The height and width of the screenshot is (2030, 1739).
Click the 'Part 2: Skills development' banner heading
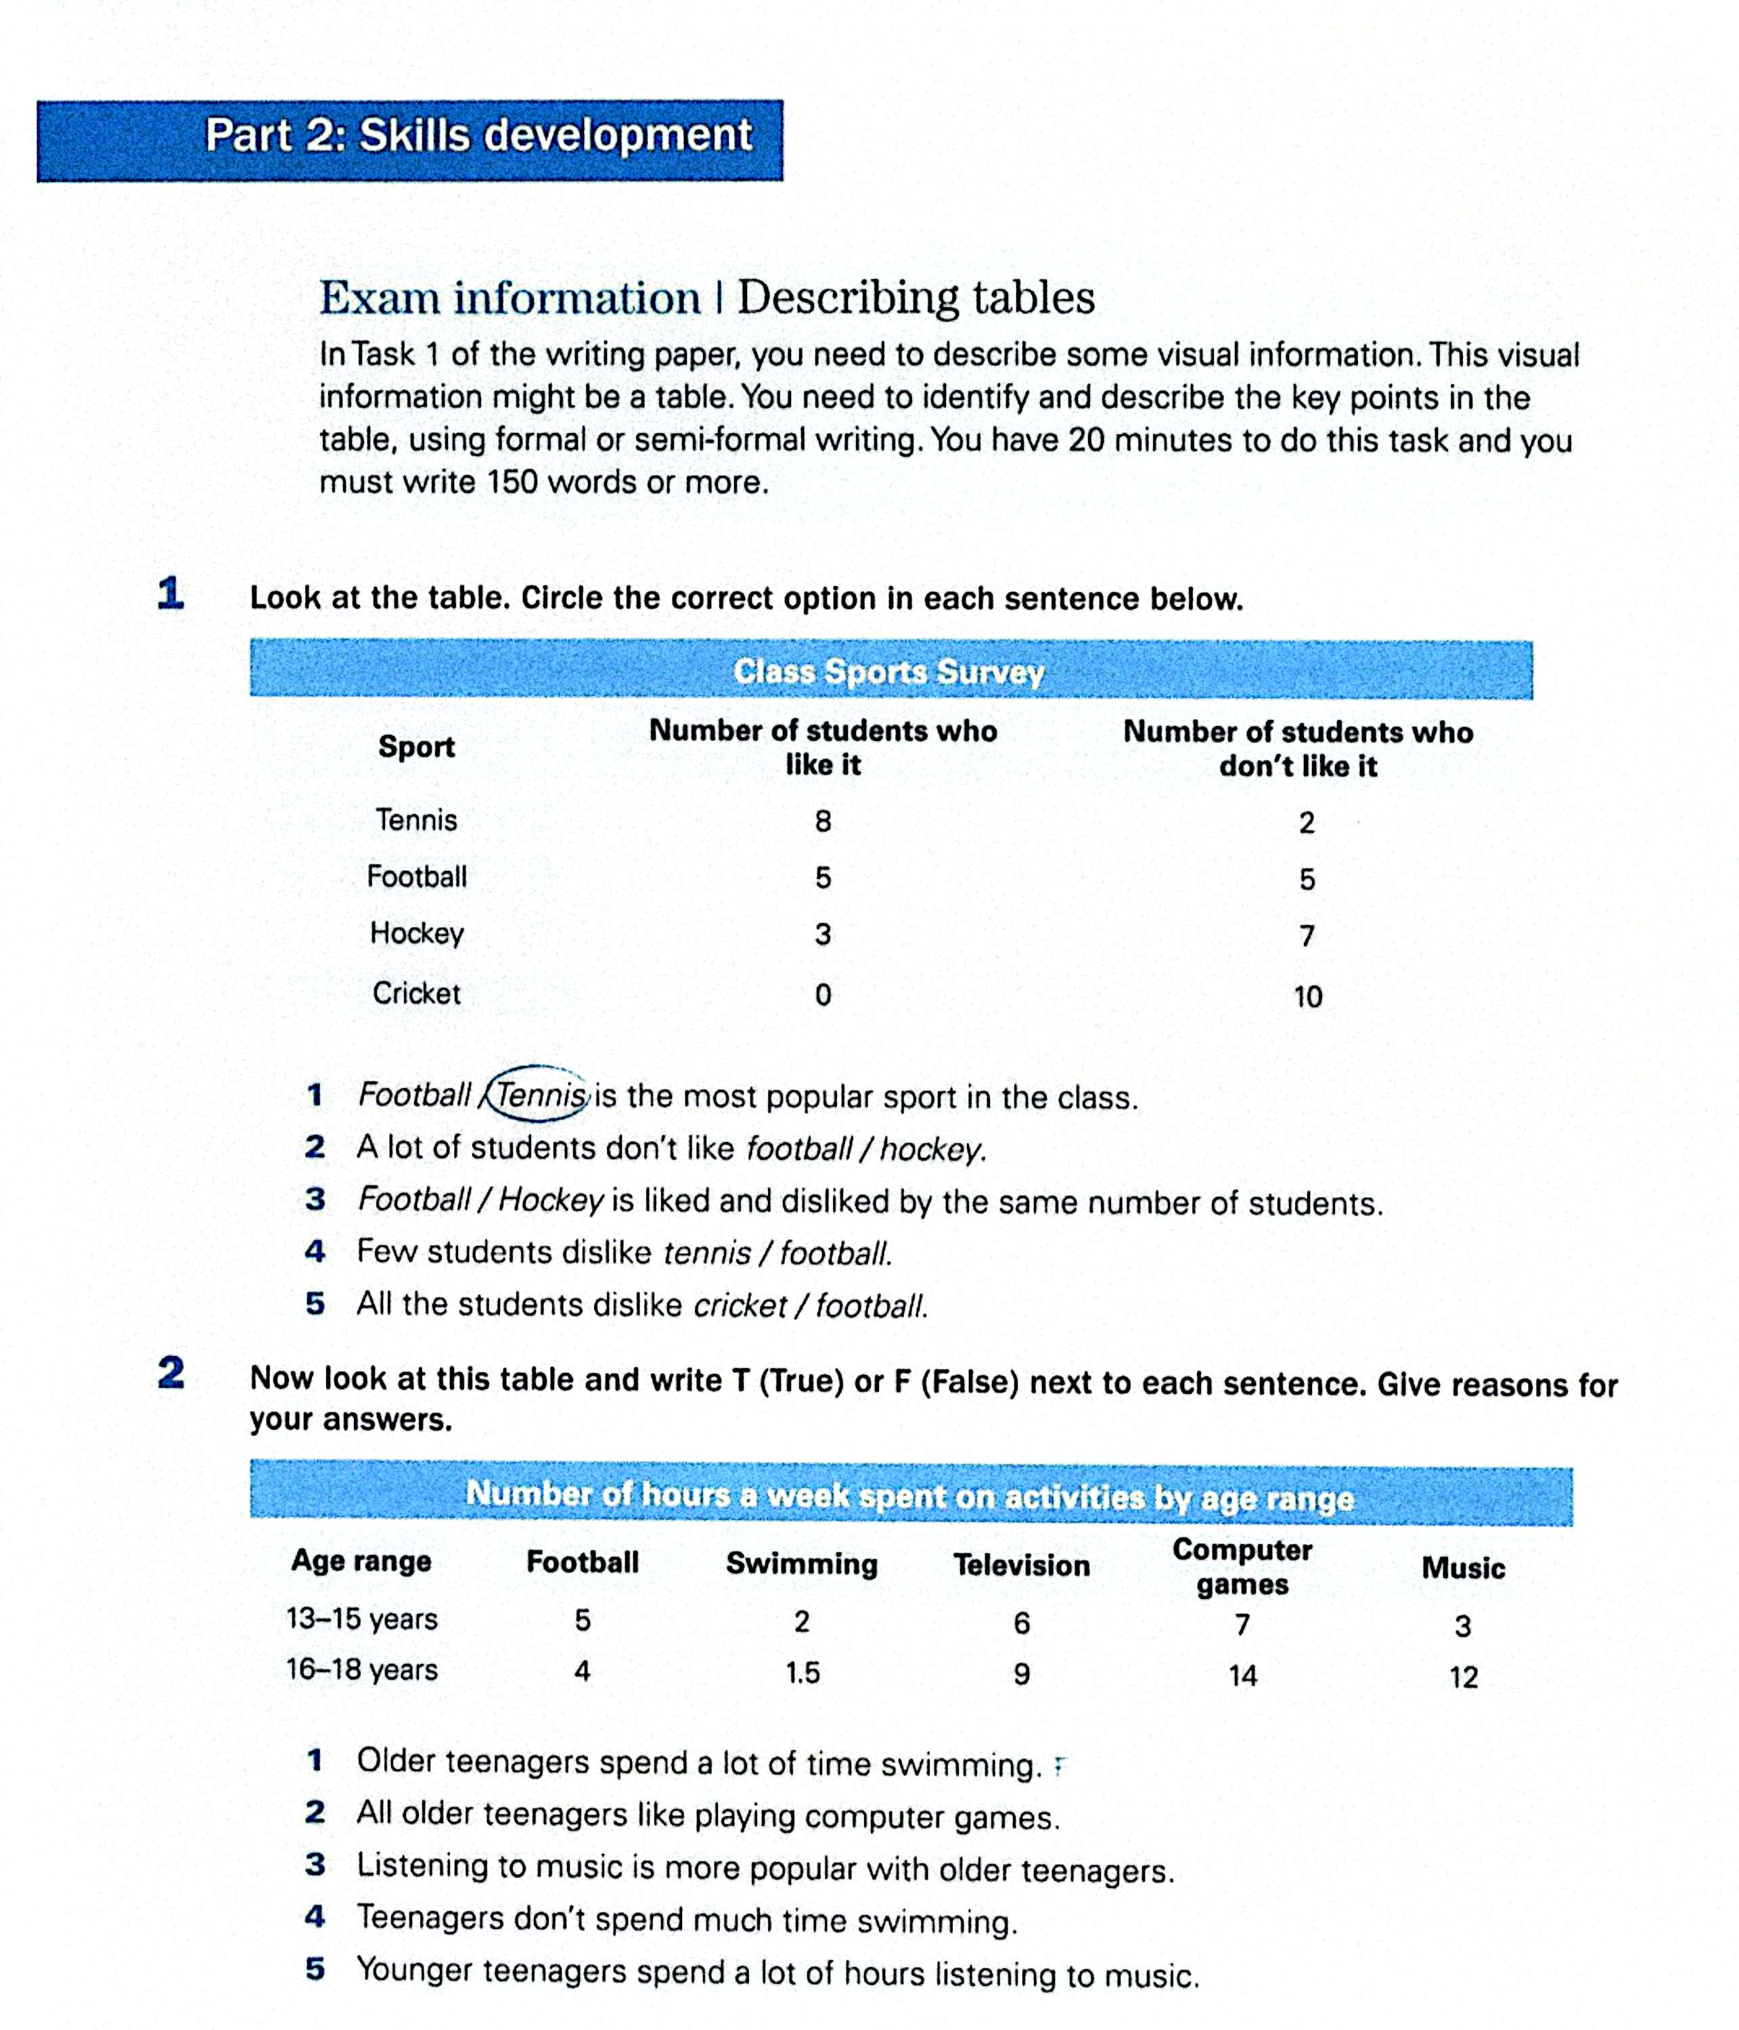point(478,135)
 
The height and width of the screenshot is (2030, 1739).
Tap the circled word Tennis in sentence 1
point(541,1094)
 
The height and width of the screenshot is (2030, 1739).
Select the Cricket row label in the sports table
point(416,993)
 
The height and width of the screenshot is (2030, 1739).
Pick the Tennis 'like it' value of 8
point(823,821)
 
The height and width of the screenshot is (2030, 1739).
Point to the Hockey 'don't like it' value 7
point(1307,937)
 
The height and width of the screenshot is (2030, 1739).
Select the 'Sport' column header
point(416,746)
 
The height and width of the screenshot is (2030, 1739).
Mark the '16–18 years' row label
point(361,1669)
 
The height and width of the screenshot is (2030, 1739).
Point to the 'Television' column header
point(1022,1564)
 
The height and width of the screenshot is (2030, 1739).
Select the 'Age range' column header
point(361,1560)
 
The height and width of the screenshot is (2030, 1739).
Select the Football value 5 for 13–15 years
point(583,1619)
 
